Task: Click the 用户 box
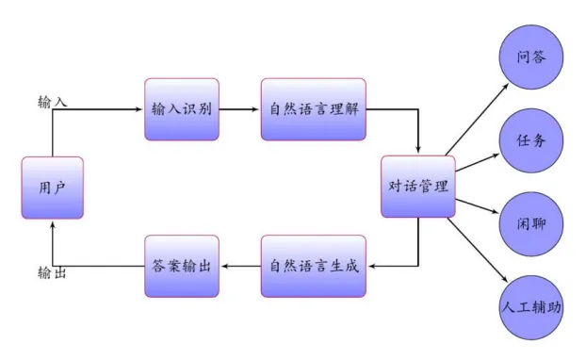coord(53,188)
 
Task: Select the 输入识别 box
coord(182,109)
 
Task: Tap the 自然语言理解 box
coord(313,109)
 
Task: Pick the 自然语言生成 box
coord(313,266)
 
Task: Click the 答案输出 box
coord(182,266)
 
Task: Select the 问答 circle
coord(532,57)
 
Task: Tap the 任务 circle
coord(532,140)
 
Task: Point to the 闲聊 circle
coord(532,223)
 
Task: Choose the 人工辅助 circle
coord(532,306)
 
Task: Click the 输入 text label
coord(52,101)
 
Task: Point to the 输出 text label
coord(52,273)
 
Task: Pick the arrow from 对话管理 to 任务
coord(476,161)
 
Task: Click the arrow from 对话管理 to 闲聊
coord(476,205)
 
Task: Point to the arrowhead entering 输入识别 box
coord(139,109)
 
